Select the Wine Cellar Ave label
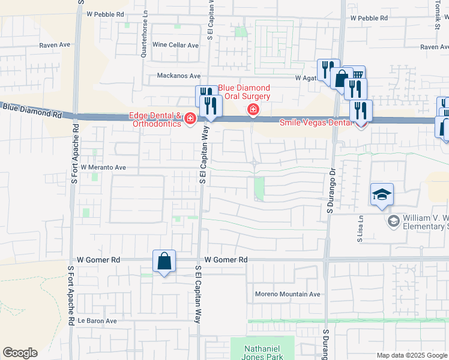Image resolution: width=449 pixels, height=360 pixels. pyautogui.click(x=175, y=45)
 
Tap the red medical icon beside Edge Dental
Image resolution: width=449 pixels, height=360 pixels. pyautogui.click(x=190, y=119)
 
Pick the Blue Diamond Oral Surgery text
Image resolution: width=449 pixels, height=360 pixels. pyautogui.click(x=244, y=91)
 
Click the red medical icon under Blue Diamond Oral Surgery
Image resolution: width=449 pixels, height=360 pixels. pyautogui.click(x=253, y=109)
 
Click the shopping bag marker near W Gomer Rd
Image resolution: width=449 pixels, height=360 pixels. pyautogui.click(x=164, y=262)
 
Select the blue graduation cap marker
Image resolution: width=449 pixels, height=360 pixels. pyautogui.click(x=382, y=195)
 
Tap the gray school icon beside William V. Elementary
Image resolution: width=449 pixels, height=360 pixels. pyautogui.click(x=393, y=221)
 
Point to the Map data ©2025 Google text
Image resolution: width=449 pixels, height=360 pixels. pyautogui.click(x=411, y=355)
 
